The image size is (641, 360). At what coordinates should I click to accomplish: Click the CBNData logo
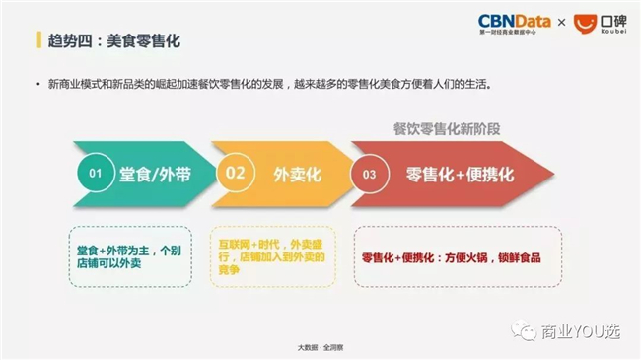click(x=514, y=24)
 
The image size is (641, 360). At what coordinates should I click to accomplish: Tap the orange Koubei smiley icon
click(x=585, y=24)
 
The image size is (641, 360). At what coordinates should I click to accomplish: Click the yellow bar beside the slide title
click(x=38, y=40)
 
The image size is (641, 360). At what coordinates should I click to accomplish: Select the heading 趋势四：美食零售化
click(x=114, y=40)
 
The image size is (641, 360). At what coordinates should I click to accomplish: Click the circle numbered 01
click(x=96, y=173)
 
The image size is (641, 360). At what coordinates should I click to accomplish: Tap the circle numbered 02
click(x=235, y=173)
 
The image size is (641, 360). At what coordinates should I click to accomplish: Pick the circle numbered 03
click(x=369, y=174)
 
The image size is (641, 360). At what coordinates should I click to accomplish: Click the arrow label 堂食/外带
click(x=156, y=175)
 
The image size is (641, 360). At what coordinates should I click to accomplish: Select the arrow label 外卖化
click(x=297, y=175)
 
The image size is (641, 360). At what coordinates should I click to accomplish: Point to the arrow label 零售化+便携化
click(x=460, y=175)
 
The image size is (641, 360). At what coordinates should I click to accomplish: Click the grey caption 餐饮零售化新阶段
click(x=447, y=129)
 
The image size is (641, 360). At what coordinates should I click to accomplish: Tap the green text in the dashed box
click(x=129, y=256)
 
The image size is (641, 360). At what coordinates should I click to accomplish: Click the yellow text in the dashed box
click(x=271, y=256)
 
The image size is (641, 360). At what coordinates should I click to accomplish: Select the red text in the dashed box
click(x=452, y=257)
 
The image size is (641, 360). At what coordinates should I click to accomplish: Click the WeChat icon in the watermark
click(x=524, y=330)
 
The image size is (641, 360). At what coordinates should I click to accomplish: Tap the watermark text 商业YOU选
click(x=581, y=331)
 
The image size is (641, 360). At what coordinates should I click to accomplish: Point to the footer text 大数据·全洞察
click(x=320, y=348)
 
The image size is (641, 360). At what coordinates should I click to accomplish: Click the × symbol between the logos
click(x=562, y=22)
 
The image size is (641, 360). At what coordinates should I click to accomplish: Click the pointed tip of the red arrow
click(x=553, y=174)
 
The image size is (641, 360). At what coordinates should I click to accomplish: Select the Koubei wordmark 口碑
click(x=613, y=22)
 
